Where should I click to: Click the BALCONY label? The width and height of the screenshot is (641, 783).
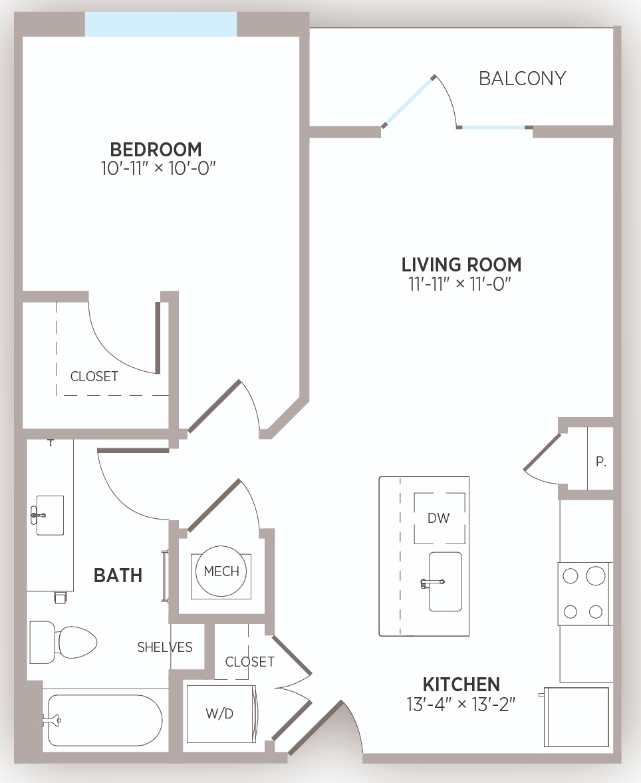click(522, 78)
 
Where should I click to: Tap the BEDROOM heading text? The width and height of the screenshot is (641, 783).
click(156, 149)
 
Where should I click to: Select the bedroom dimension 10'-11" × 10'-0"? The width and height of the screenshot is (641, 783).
click(158, 168)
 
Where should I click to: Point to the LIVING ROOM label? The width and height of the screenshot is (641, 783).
click(461, 265)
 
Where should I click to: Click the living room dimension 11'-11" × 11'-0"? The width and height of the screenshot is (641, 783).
click(459, 283)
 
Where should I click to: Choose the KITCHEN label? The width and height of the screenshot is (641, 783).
click(461, 684)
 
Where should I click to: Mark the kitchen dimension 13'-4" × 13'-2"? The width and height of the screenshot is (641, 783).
click(461, 704)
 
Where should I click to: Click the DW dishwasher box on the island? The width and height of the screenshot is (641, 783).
click(440, 518)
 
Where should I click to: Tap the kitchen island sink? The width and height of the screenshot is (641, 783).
click(445, 581)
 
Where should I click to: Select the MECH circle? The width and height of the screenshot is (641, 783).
click(221, 571)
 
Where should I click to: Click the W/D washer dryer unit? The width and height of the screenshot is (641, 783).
click(221, 714)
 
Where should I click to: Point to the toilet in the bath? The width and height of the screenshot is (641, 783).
click(63, 642)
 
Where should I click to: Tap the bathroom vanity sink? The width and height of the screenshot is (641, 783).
click(50, 516)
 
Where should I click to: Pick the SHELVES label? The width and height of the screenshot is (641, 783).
click(165, 647)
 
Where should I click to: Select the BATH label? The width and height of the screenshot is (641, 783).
click(118, 575)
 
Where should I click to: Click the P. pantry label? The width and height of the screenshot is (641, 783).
click(601, 462)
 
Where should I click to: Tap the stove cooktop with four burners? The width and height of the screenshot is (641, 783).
click(584, 594)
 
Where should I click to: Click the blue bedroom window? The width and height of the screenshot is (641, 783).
click(161, 25)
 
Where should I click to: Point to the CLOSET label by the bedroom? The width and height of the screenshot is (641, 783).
click(94, 377)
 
